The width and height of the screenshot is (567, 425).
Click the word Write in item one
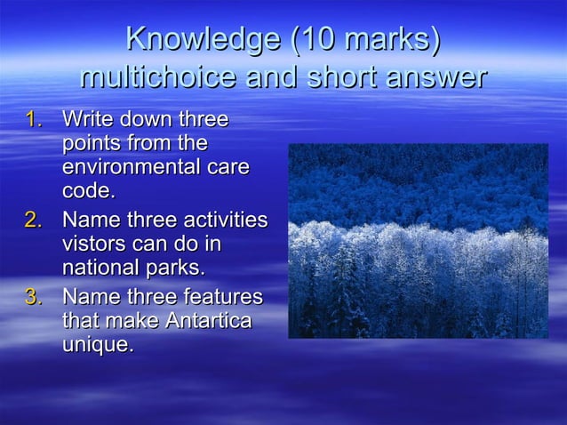tap(87, 119)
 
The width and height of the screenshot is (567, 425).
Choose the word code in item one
tap(87, 191)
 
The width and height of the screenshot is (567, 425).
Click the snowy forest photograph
tap(418, 241)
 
